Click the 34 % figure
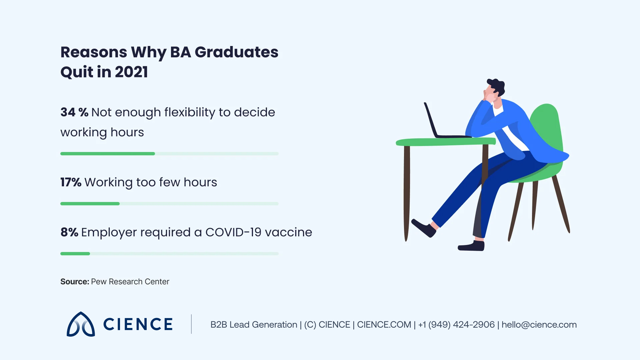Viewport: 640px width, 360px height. coord(74,112)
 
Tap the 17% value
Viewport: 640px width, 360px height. coord(71,182)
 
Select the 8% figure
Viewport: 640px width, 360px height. coord(69,232)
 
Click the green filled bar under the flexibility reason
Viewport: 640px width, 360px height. coord(107,154)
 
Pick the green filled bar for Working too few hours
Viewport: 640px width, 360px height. coord(90,204)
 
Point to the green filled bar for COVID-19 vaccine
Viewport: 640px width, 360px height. coord(75,254)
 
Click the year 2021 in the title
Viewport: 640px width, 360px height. coord(131,72)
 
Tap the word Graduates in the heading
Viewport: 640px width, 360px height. coord(236,52)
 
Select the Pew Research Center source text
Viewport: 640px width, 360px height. coord(130,282)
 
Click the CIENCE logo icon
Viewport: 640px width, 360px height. coord(81,324)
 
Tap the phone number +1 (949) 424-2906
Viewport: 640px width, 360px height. coord(456,325)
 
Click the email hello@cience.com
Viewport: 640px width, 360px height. coord(539,325)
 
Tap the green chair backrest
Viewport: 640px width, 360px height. coord(547,127)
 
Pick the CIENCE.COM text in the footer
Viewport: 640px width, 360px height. coord(384,325)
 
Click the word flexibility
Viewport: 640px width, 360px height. coord(189,112)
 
